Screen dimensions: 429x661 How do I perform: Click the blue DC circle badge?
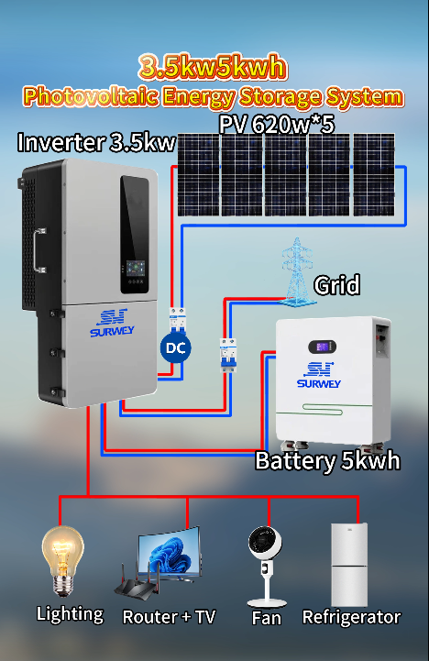(x=176, y=347)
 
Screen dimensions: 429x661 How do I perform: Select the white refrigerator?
(x=349, y=565)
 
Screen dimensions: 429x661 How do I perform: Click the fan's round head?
(x=265, y=543)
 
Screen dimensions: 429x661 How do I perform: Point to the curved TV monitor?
(x=170, y=554)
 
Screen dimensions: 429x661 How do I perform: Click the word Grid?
(x=336, y=285)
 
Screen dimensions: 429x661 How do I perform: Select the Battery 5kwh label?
(x=327, y=460)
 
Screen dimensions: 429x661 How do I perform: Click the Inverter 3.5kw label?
(x=96, y=142)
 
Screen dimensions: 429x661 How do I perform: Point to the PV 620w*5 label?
(x=277, y=125)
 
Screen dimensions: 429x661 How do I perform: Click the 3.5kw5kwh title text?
(x=213, y=67)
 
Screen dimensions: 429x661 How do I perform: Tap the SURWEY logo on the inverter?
(x=112, y=323)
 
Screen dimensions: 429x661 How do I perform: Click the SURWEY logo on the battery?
(x=319, y=375)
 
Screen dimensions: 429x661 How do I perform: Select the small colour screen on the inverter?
(x=136, y=268)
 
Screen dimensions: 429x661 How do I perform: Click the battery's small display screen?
(x=322, y=347)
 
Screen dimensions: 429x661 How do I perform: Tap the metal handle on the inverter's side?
(x=39, y=250)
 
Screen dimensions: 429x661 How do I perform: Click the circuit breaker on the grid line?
(x=228, y=355)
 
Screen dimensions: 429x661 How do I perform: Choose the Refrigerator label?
(x=351, y=617)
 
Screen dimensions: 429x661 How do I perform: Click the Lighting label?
(x=70, y=614)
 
